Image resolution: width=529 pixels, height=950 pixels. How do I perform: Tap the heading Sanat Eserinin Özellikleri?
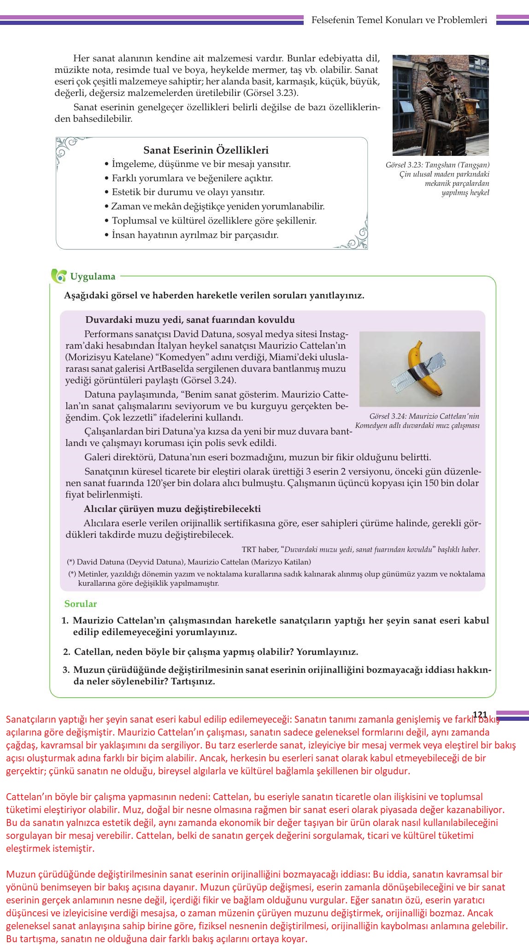(x=206, y=150)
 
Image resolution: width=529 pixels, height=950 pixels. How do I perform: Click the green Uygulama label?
(x=93, y=277)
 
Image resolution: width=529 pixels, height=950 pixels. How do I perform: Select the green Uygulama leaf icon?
(x=59, y=276)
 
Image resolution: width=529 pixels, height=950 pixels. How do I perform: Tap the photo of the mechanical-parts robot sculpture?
(x=440, y=105)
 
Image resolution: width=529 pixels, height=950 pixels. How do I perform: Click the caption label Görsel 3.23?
(x=404, y=165)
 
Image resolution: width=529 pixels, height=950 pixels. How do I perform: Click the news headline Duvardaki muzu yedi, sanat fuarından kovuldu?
(x=190, y=320)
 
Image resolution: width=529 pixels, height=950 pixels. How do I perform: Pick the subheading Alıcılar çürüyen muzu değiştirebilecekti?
(x=172, y=509)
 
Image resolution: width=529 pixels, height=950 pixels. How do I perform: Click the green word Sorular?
(x=81, y=604)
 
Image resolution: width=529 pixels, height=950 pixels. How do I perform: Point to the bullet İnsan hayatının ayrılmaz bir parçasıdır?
(x=195, y=235)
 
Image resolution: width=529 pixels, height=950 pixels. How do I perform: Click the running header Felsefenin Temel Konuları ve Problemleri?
(x=399, y=20)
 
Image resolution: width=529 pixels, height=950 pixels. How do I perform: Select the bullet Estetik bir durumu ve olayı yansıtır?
(x=188, y=192)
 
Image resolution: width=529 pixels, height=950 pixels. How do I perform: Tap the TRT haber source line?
(x=360, y=550)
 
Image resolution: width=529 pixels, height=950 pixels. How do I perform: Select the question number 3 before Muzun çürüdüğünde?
(x=66, y=670)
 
